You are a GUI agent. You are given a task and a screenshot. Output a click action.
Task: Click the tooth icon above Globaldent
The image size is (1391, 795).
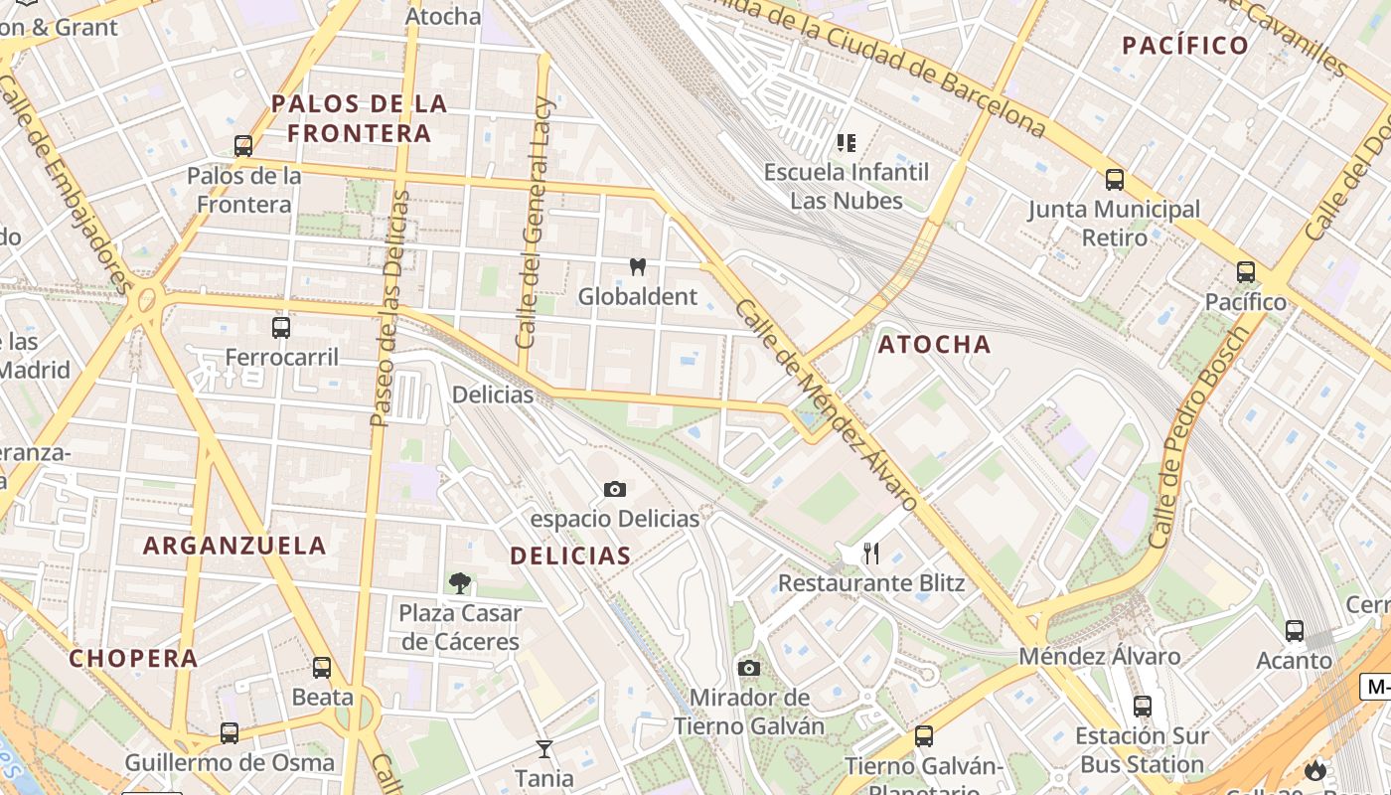click(x=638, y=266)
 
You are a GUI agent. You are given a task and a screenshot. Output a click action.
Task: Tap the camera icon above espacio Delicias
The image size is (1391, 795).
click(x=615, y=489)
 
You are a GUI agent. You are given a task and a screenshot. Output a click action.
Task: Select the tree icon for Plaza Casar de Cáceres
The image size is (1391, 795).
click(x=459, y=582)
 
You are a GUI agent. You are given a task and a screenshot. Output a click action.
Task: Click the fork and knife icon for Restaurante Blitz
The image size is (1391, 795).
click(x=871, y=553)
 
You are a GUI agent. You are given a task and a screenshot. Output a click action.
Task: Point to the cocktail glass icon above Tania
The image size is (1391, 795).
click(x=543, y=748)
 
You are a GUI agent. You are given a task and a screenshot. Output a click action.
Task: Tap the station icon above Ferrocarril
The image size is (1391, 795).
click(x=281, y=327)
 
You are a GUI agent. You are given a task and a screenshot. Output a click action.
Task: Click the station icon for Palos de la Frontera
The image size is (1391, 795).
click(x=243, y=146)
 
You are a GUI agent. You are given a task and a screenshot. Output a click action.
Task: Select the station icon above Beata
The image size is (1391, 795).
click(x=322, y=667)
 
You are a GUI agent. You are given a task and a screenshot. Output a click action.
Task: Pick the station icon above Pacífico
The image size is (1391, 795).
click(x=1245, y=271)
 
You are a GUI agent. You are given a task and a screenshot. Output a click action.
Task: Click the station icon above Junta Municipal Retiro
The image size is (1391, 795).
click(x=1115, y=180)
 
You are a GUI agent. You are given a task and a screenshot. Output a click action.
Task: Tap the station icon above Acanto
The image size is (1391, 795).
click(x=1294, y=630)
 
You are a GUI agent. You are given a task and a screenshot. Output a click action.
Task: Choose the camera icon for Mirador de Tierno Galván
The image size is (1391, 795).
click(x=749, y=668)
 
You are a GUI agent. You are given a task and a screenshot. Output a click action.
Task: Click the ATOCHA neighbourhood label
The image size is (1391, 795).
click(x=934, y=345)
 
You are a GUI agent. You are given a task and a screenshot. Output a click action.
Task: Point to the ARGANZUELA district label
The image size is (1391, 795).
click(x=234, y=545)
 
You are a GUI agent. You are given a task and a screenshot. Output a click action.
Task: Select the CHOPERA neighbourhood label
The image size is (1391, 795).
click(x=133, y=658)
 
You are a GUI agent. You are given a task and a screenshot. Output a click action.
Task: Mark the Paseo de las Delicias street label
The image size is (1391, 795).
click(x=389, y=308)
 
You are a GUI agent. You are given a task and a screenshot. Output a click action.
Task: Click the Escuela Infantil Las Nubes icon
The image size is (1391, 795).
click(x=847, y=143)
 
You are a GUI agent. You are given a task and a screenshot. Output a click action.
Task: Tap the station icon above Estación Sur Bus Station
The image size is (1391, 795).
click(x=1143, y=706)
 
